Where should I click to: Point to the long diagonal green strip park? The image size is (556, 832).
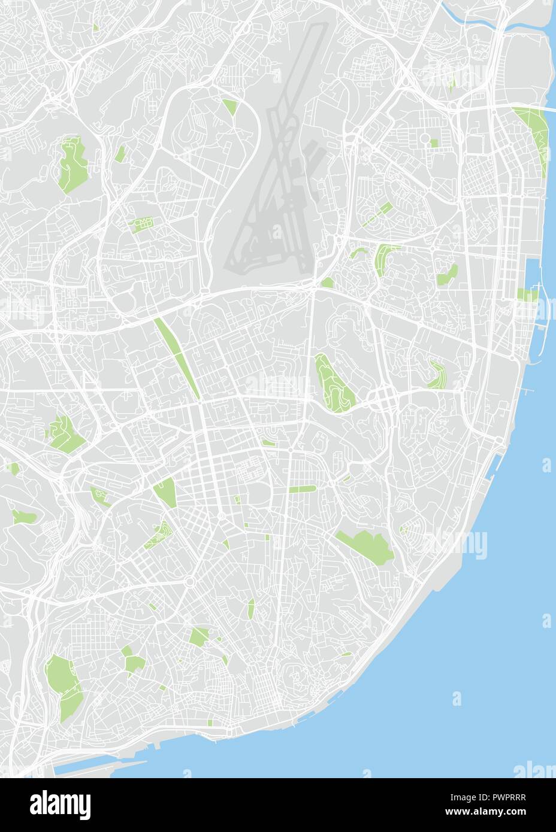point(178,358)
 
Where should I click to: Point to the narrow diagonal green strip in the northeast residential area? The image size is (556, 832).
point(376,214)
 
